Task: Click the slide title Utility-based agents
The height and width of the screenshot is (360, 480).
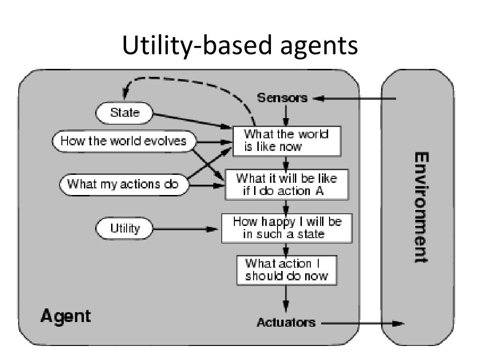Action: (x=240, y=45)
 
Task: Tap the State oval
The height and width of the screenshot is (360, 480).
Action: (x=124, y=113)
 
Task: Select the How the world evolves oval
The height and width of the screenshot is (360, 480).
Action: (x=124, y=141)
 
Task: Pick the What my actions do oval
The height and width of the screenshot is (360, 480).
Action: (x=124, y=184)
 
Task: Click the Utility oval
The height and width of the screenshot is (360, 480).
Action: (x=124, y=228)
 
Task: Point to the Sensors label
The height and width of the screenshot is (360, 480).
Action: (x=282, y=97)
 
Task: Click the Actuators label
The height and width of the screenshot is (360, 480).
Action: (x=286, y=322)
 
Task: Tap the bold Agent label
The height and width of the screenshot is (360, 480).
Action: (x=66, y=316)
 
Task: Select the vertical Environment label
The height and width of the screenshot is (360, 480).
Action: (x=421, y=208)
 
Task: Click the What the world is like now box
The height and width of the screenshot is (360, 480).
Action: (x=287, y=141)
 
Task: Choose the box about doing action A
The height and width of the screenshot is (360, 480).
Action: (x=287, y=185)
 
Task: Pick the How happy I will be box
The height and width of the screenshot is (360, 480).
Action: (x=287, y=228)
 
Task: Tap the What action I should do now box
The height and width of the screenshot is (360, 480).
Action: (x=287, y=270)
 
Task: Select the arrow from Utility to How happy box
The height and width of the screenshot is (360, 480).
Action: (x=185, y=229)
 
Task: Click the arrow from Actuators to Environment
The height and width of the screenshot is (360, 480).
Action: (x=363, y=323)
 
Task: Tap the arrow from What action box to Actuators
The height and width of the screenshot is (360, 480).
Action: (x=286, y=299)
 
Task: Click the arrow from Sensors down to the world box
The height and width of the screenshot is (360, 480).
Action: (x=286, y=116)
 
